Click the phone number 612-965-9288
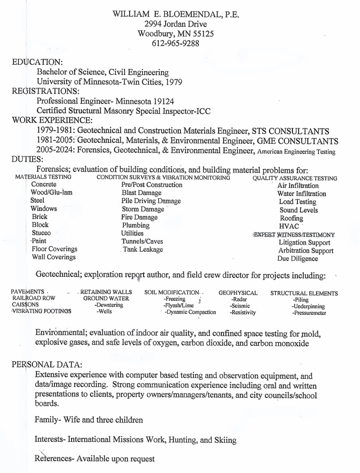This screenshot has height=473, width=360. (176, 44)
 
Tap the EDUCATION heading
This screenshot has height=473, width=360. (37, 62)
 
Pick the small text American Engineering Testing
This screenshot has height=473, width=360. (297, 152)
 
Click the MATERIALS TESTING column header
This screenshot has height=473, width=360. (43, 177)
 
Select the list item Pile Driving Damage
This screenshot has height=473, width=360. (151, 201)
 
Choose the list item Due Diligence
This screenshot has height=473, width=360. (297, 259)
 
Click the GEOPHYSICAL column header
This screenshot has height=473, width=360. (238, 293)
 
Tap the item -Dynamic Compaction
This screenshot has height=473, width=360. (190, 312)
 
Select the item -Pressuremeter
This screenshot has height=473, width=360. (309, 313)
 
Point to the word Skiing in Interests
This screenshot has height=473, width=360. (225, 440)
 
